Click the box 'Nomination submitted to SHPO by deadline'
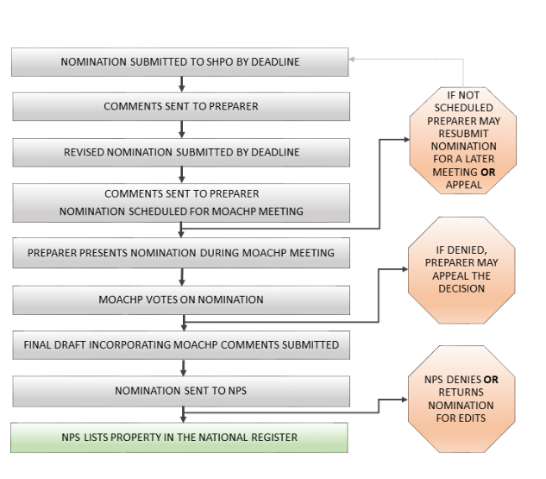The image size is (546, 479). point(181,62)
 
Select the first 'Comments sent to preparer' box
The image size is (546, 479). point(181,107)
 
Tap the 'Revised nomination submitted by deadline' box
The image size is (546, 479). point(181,152)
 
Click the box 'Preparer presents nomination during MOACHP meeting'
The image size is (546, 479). point(181,253)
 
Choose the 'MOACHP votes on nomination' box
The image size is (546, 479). point(181,299)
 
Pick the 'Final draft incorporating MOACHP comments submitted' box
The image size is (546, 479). point(181,344)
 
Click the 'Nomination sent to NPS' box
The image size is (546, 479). point(181,390)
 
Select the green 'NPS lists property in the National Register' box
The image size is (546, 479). point(181,437)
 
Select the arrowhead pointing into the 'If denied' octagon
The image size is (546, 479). point(409,269)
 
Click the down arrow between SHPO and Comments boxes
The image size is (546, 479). point(181,85)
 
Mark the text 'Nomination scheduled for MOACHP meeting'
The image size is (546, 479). point(181,211)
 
